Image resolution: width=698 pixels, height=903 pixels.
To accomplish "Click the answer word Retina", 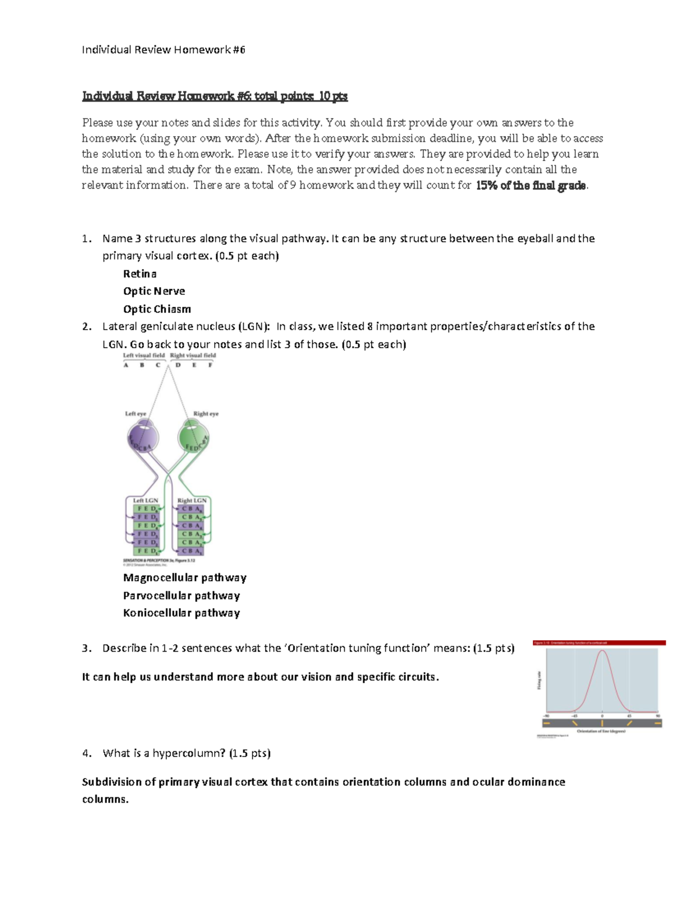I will click(x=140, y=274).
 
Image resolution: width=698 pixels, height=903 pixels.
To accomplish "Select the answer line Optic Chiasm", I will click(x=157, y=309).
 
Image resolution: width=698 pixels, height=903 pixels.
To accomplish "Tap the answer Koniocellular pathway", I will click(x=181, y=613).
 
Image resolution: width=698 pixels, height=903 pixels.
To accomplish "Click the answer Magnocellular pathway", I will click(x=185, y=577).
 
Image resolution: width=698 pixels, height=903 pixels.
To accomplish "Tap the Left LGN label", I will click(x=145, y=500).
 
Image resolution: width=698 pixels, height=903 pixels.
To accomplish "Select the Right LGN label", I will click(x=192, y=500).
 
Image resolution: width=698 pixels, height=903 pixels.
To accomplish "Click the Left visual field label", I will click(x=144, y=355).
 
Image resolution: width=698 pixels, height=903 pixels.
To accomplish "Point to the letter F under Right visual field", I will click(x=211, y=365).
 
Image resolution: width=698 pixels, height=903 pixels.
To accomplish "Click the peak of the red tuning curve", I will click(x=603, y=651).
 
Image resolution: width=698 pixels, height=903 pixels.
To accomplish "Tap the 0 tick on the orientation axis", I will click(x=602, y=716).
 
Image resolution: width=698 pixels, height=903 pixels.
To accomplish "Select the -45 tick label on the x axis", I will click(x=574, y=716).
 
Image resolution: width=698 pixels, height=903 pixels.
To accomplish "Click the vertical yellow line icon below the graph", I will click(x=602, y=723).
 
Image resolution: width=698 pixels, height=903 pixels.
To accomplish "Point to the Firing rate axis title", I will click(x=538, y=680).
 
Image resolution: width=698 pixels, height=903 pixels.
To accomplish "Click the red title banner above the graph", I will click(x=599, y=643).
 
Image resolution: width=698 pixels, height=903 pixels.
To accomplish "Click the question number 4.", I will click(x=87, y=754).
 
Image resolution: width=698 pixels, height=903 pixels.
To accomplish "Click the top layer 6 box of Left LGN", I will click(x=147, y=509).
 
